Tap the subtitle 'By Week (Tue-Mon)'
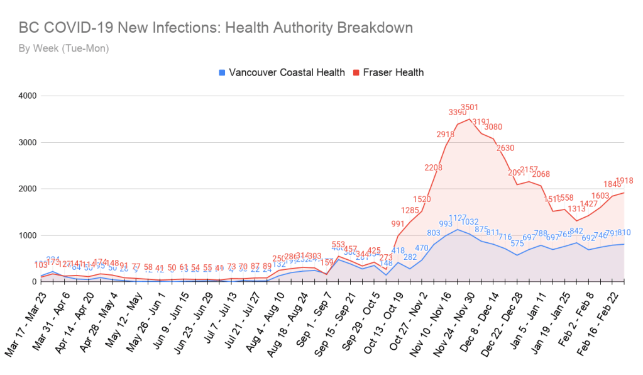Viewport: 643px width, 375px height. [x=63, y=48]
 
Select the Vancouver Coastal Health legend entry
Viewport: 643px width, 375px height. [x=282, y=72]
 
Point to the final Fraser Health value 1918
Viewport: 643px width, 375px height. [x=624, y=181]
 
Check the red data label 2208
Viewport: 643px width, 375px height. [x=434, y=168]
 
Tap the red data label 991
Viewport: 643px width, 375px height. [x=398, y=224]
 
